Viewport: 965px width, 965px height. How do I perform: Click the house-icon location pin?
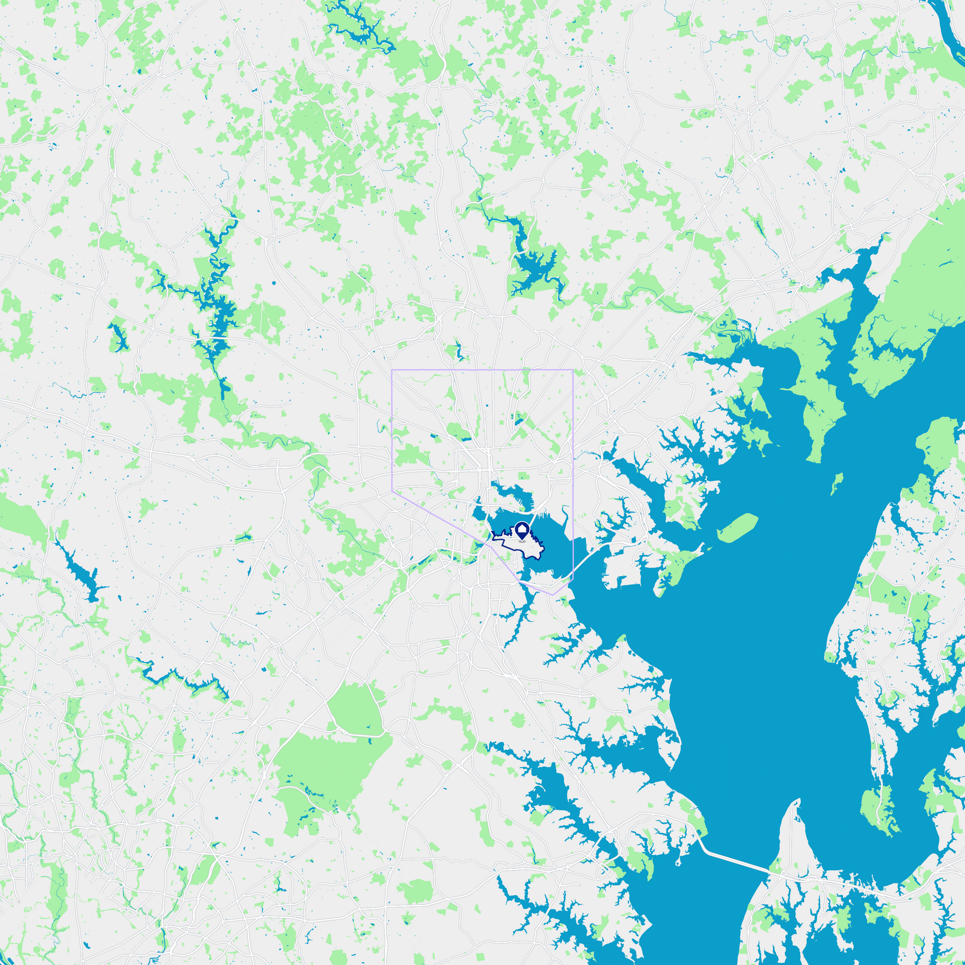[522, 531]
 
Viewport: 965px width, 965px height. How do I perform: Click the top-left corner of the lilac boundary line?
[392, 370]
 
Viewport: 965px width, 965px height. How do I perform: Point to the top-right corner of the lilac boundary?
[573, 370]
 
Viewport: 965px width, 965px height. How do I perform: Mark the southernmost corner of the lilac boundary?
[553, 595]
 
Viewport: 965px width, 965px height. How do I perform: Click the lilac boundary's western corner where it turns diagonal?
[392, 491]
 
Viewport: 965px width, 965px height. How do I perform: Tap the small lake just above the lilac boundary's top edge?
[458, 351]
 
